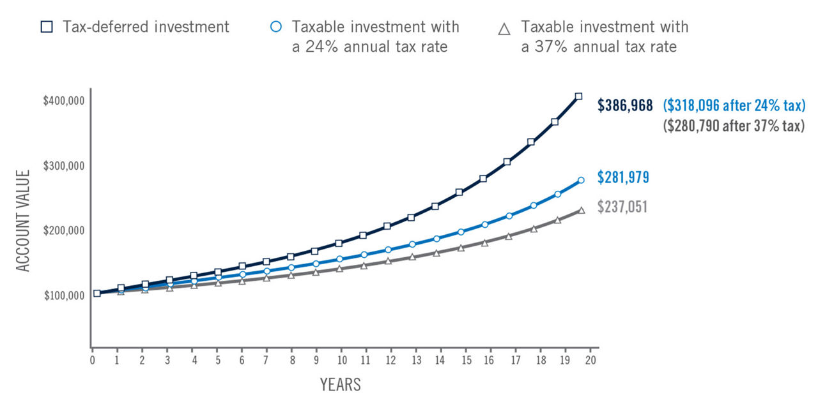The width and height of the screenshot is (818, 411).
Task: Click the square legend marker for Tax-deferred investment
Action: click(x=46, y=27)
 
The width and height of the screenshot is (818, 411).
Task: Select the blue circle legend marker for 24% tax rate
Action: click(x=275, y=27)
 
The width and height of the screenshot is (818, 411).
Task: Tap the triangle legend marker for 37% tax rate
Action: click(x=504, y=29)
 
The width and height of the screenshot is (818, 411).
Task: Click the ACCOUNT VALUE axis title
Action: click(x=24, y=220)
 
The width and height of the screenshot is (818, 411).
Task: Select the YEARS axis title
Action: click(x=340, y=385)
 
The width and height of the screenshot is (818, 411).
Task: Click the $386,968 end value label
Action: click(x=625, y=106)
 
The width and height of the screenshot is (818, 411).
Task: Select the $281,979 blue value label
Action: click(x=623, y=177)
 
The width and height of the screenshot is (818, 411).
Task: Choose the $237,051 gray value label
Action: click(x=623, y=207)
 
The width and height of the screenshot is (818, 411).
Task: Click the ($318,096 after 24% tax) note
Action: click(x=734, y=106)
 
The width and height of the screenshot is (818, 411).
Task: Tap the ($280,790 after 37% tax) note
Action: click(x=734, y=126)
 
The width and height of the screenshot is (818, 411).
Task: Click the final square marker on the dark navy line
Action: click(x=578, y=96)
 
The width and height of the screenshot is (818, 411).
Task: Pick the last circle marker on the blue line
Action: click(x=581, y=181)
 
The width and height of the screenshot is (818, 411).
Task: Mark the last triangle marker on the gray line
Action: click(x=582, y=210)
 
